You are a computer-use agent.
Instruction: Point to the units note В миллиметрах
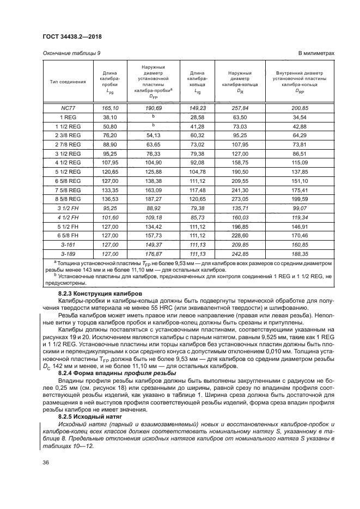[x=316, y=53]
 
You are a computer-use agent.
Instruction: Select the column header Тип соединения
[x=68, y=82]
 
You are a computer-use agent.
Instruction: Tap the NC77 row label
[x=68, y=108]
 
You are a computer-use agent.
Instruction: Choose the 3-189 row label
[x=68, y=253]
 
